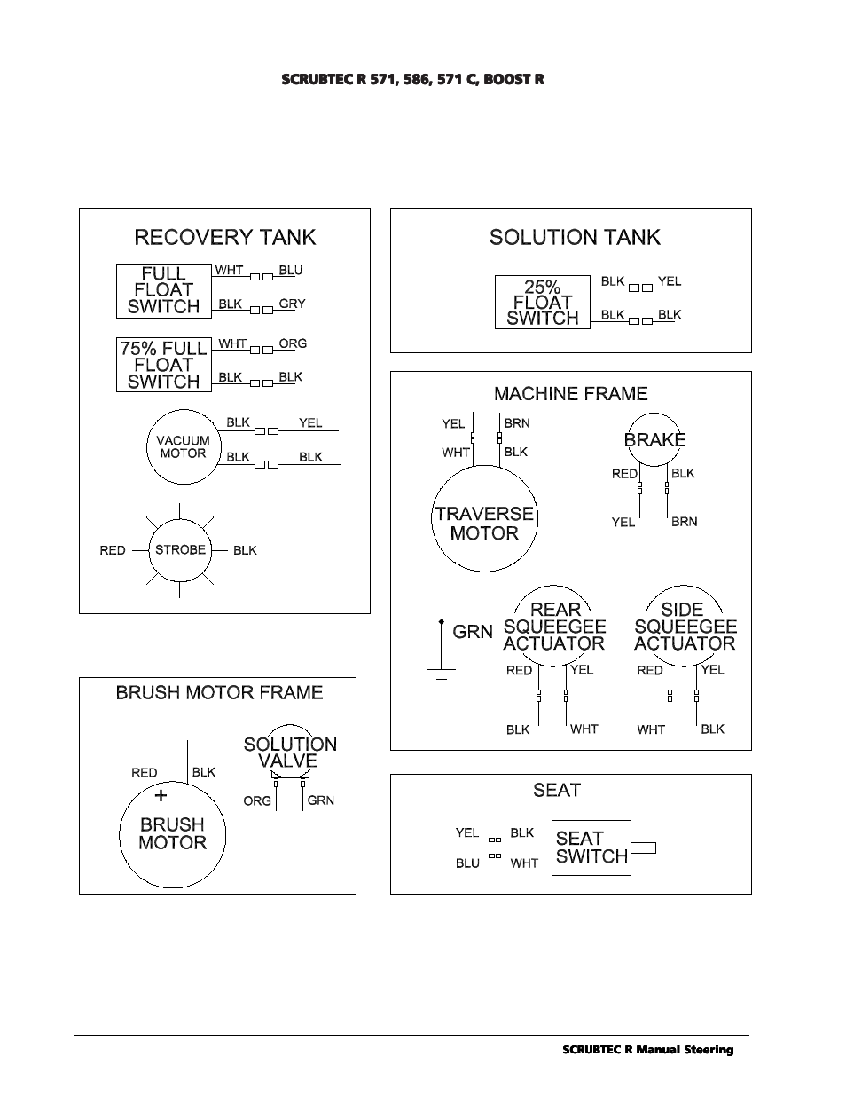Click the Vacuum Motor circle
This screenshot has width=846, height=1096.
[x=183, y=446]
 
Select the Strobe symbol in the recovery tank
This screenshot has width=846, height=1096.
[x=180, y=550]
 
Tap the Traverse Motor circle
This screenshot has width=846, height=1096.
[x=484, y=524]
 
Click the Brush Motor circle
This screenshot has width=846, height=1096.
[x=172, y=834]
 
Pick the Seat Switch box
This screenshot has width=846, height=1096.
[x=591, y=848]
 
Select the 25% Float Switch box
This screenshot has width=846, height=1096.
[x=542, y=303]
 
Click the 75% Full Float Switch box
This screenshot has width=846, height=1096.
[x=164, y=365]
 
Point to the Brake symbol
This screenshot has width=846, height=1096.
[x=654, y=439]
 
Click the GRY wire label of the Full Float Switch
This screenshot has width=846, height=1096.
[x=292, y=304]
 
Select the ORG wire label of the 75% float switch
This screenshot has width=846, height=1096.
[x=293, y=343]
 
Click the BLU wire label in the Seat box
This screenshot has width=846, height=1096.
[x=467, y=863]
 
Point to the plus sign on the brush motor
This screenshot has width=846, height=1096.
[x=161, y=796]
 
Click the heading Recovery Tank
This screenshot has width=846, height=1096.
[x=224, y=237]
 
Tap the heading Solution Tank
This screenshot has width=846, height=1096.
[x=575, y=237]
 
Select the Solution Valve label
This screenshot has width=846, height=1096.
[x=290, y=753]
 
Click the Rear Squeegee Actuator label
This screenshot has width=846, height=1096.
[x=554, y=627]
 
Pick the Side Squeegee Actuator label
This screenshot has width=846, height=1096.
[x=685, y=627]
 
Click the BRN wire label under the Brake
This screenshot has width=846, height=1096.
[x=684, y=522]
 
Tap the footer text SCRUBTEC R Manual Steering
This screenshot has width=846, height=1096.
[x=648, y=1050]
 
